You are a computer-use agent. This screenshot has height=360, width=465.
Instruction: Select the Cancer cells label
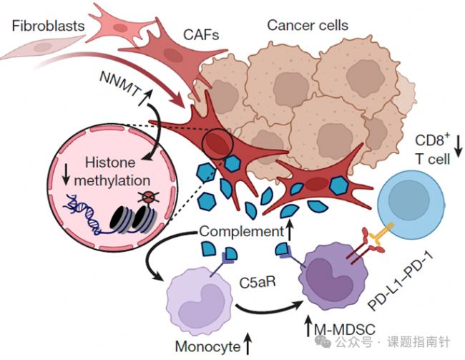click(308, 26)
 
